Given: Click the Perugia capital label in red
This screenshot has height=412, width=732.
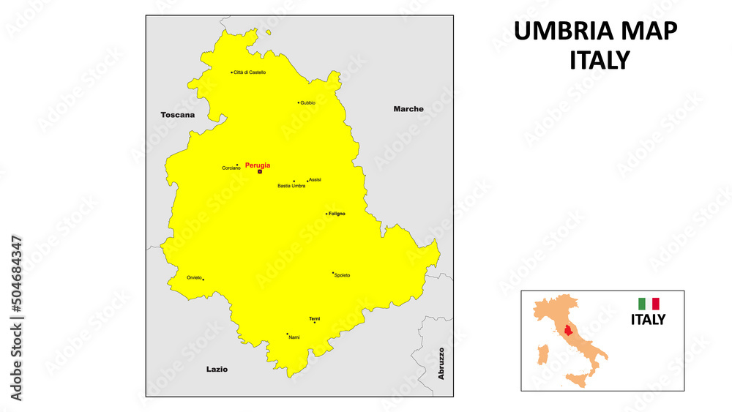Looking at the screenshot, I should coord(257,165).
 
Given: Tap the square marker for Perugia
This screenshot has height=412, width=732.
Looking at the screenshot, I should coord(260,172).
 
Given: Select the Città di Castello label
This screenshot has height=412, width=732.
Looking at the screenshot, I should coord(250,72).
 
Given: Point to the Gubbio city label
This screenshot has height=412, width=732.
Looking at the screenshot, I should coord(307,103).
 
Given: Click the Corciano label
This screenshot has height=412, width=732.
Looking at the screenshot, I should coord(231,168).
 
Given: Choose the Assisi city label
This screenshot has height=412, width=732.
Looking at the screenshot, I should coord(315,179).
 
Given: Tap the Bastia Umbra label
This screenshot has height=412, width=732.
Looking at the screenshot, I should coord(291,186).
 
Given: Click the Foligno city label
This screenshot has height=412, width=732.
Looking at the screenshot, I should coord(337,214).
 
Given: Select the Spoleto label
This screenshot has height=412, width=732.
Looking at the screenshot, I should coord(342,275).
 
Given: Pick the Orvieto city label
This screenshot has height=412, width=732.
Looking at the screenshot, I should coord(194,277).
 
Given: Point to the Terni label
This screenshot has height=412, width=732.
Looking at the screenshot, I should coord(314,318).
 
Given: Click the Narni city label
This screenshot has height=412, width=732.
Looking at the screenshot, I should coord(294,337).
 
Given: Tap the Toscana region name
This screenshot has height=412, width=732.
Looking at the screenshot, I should coord(178,115).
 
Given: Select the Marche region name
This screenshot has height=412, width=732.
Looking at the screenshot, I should coord(408,109).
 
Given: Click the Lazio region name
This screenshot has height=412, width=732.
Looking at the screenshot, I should coord(217,370).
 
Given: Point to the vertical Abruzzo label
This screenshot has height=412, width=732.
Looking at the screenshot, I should coord(441,364).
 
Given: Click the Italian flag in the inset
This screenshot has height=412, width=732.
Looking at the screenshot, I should coord(649,303).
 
